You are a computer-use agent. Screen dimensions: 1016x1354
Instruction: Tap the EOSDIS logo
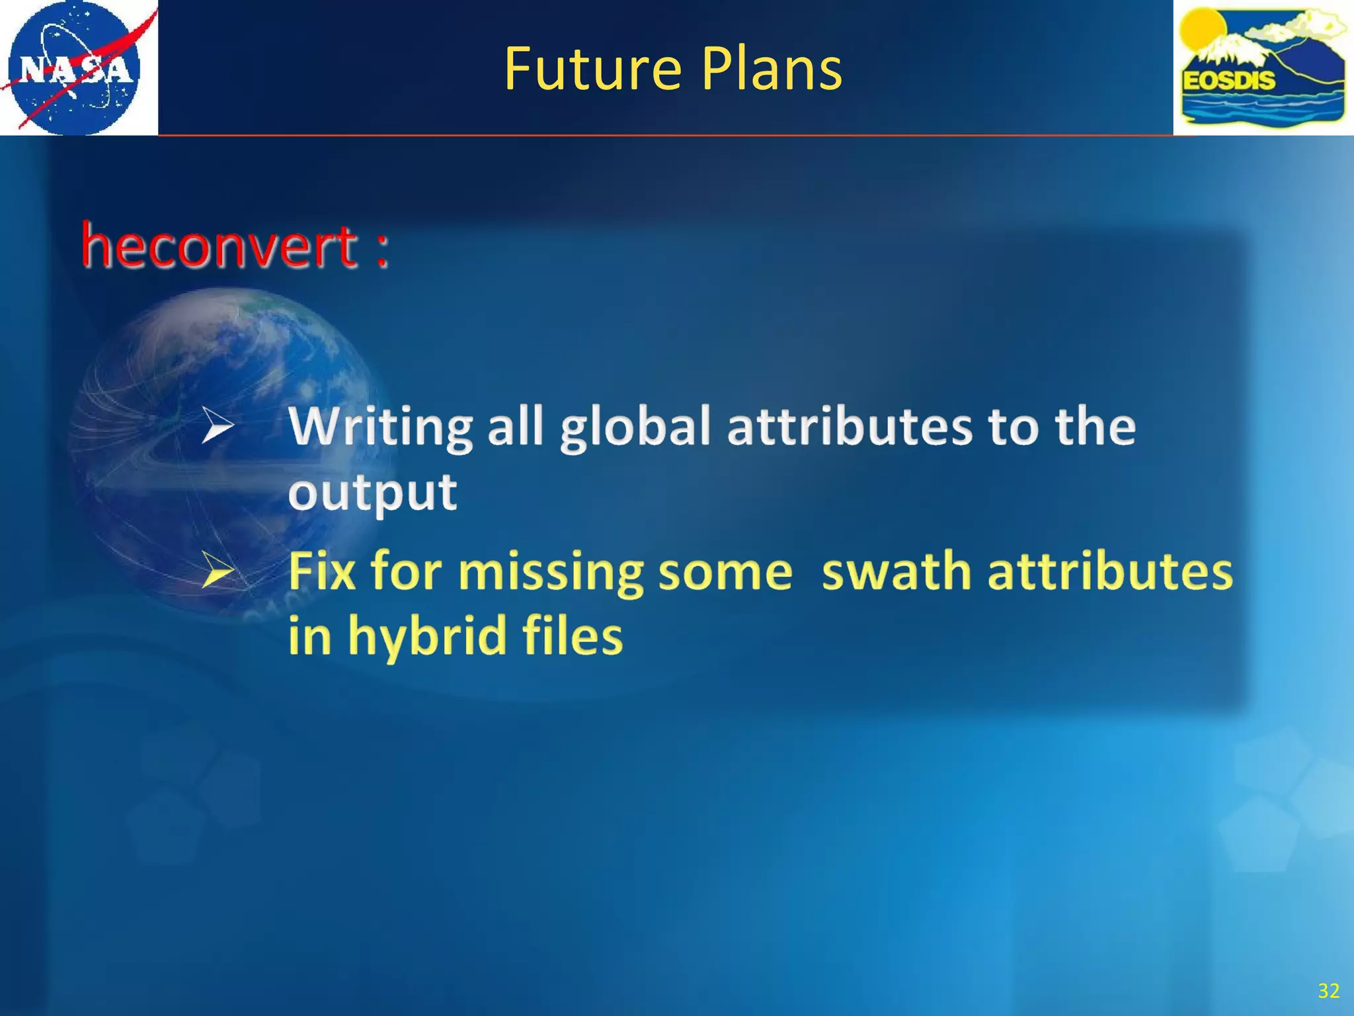pyautogui.click(x=1263, y=67)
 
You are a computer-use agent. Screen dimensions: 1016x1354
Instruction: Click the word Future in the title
pyautogui.click(x=592, y=69)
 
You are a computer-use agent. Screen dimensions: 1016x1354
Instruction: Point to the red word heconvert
pyautogui.click(x=219, y=247)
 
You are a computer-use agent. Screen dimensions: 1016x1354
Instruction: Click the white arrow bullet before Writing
pyautogui.click(x=218, y=425)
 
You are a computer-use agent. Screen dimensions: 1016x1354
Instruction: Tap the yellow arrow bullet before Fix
pyautogui.click(x=218, y=570)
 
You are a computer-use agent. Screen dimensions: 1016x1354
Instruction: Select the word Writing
pyautogui.click(x=381, y=427)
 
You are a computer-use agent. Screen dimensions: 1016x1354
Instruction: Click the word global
pyautogui.click(x=635, y=427)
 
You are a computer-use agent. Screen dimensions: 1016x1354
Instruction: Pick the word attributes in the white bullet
pyautogui.click(x=850, y=426)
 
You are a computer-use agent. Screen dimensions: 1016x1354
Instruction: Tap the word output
pyautogui.click(x=372, y=493)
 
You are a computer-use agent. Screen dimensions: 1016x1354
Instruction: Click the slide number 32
pyautogui.click(x=1328, y=990)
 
